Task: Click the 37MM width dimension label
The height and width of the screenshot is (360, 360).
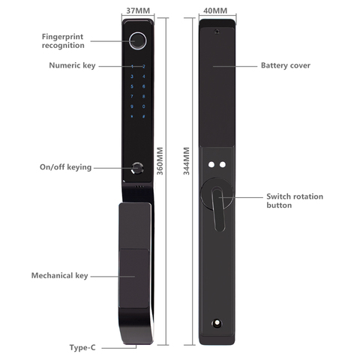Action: click(138, 10)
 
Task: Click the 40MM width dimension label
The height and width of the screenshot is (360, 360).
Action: click(215, 10)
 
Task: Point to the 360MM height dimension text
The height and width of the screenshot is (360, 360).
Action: click(160, 161)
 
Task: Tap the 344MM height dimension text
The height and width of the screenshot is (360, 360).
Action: click(187, 161)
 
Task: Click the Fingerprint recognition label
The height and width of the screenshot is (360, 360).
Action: click(63, 41)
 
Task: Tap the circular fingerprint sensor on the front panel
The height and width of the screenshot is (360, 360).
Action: click(138, 41)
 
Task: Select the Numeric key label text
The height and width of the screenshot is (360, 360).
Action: click(72, 65)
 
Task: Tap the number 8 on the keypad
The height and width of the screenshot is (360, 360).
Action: click(144, 97)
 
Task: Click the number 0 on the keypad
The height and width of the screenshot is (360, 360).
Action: click(144, 106)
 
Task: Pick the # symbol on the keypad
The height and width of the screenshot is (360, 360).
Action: click(144, 116)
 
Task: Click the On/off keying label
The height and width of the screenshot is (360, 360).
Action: click(65, 167)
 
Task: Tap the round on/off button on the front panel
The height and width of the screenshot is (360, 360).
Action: click(137, 168)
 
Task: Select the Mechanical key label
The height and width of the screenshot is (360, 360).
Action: click(59, 275)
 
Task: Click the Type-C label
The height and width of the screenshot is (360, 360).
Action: click(82, 347)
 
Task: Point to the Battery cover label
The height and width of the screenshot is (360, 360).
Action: click(286, 65)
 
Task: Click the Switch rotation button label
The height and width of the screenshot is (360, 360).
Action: click(295, 201)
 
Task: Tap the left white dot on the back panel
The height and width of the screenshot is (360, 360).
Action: click(211, 164)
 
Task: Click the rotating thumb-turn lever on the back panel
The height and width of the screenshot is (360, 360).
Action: click(218, 209)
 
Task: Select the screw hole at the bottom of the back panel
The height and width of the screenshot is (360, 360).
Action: click(217, 323)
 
